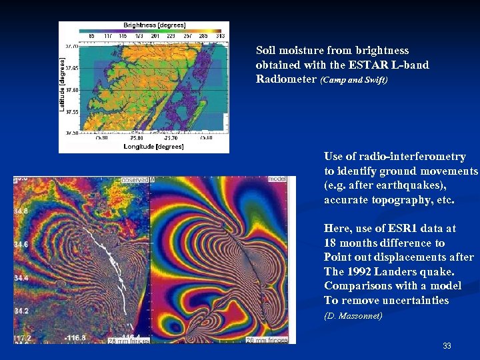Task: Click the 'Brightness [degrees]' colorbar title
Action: tap(154, 25)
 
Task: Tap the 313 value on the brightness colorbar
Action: tap(221, 35)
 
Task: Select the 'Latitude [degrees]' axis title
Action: tap(63, 84)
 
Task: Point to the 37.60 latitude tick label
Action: tap(71, 89)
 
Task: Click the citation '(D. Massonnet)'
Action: tap(353, 316)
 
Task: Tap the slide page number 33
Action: tap(447, 346)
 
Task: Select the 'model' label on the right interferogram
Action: tap(277, 179)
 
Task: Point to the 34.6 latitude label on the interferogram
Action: tap(22, 245)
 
